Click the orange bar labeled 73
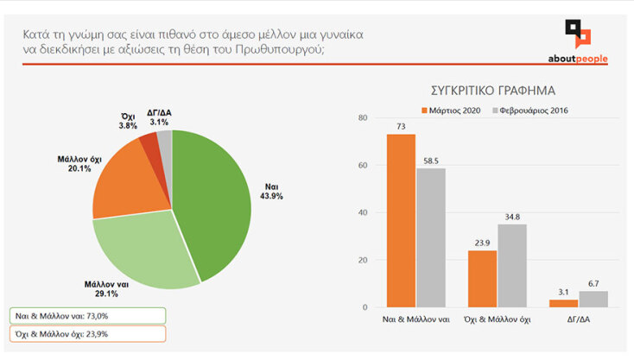tap(400, 220)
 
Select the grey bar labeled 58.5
tap(430, 237)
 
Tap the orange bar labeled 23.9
tap(482, 278)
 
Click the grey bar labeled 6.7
tap(593, 299)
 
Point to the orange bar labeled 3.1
tap(563, 303)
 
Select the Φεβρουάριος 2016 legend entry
tap(529, 111)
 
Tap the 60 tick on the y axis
tap(362, 165)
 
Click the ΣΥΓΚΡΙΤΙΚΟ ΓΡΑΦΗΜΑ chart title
tap(492, 90)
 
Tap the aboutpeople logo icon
tap(578, 35)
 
